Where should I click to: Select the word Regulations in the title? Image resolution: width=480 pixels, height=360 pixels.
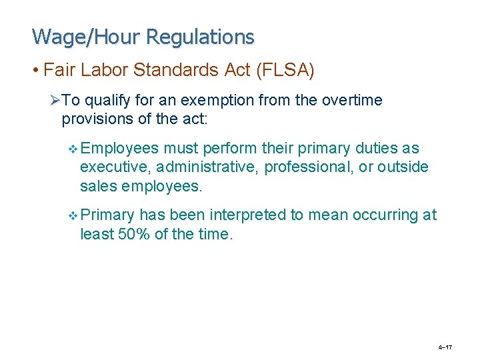200,37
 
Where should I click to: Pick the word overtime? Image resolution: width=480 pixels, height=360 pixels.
353,101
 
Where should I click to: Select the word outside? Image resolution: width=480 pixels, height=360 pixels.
403,167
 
